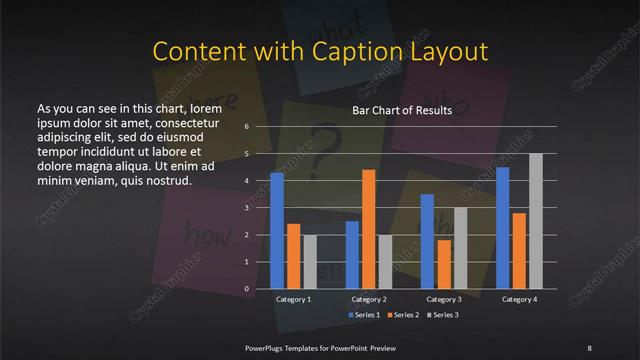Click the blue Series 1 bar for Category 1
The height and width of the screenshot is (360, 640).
(277, 231)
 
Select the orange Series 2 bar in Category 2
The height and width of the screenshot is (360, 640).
(368, 229)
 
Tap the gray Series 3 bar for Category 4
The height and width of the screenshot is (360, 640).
(535, 221)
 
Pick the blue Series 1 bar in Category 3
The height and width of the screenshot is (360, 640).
(427, 241)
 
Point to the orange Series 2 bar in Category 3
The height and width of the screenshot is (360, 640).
(443, 264)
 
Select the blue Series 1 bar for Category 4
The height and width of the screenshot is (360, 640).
(502, 227)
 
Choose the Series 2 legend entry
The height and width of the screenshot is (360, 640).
(404, 315)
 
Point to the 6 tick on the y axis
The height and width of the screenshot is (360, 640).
(246, 128)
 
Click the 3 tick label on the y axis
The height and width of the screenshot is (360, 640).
(246, 208)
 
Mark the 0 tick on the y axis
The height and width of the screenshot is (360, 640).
(246, 289)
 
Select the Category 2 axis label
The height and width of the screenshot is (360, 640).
(368, 299)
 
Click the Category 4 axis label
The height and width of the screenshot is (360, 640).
(518, 299)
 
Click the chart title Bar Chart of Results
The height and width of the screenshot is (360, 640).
(401, 110)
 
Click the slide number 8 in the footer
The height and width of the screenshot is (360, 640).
(589, 346)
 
